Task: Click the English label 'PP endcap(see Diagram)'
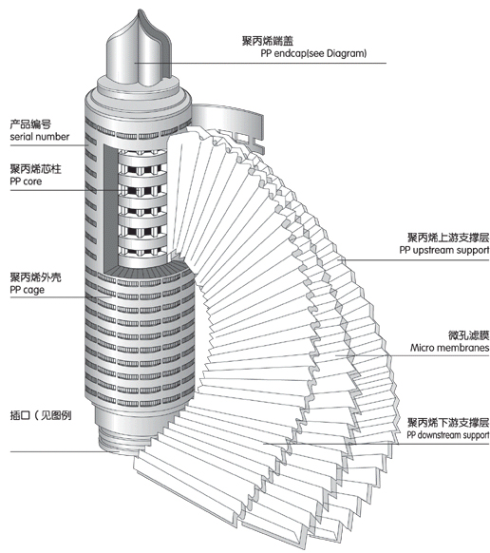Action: pos(313,53)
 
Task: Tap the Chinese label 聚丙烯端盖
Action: pos(268,41)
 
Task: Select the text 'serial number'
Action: pos(40,137)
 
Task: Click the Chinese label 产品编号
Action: pos(30,124)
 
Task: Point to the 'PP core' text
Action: pos(26,181)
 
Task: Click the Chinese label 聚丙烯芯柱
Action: pos(35,169)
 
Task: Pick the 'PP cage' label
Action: pos(28,290)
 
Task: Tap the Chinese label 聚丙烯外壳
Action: pos(35,277)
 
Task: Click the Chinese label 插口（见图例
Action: pos(41,415)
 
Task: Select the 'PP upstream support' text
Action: pos(444,250)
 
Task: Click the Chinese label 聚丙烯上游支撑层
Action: pos(448,238)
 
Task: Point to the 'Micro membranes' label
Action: pos(449,348)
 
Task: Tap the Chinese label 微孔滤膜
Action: pos(468,335)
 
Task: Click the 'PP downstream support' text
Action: pos(448,435)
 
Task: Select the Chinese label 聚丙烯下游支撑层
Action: pos(448,422)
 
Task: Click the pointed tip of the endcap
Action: pos(139,10)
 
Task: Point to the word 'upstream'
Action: pos(433,251)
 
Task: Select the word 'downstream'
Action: pos(438,435)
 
